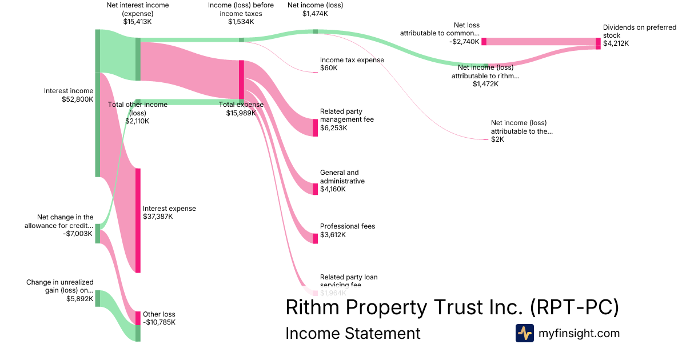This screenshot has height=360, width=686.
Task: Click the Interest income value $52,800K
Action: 77,99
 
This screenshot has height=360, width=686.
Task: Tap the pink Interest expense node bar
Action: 138,221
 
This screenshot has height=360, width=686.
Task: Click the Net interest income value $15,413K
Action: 137,22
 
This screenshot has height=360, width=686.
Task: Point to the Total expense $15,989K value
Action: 241,113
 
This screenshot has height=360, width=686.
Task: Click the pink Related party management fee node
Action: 315,127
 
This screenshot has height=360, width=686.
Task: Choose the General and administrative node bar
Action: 315,189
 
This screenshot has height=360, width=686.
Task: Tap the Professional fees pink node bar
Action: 315,238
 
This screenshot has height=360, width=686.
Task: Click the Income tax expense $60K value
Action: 329,68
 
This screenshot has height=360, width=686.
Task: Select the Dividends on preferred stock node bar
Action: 598,43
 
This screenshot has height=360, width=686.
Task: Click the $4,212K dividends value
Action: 616,43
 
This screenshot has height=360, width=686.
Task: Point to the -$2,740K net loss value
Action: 464,42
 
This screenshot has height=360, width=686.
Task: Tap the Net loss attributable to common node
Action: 484,41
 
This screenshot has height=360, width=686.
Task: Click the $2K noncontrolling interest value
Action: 497,139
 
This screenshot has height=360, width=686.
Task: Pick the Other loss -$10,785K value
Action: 159,322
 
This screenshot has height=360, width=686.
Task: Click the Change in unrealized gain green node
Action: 98,298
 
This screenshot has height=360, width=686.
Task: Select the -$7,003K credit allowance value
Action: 78,233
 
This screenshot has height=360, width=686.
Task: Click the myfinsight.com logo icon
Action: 524,333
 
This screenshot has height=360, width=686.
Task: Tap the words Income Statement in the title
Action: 353,333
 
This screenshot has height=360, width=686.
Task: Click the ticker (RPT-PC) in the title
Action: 574,307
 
